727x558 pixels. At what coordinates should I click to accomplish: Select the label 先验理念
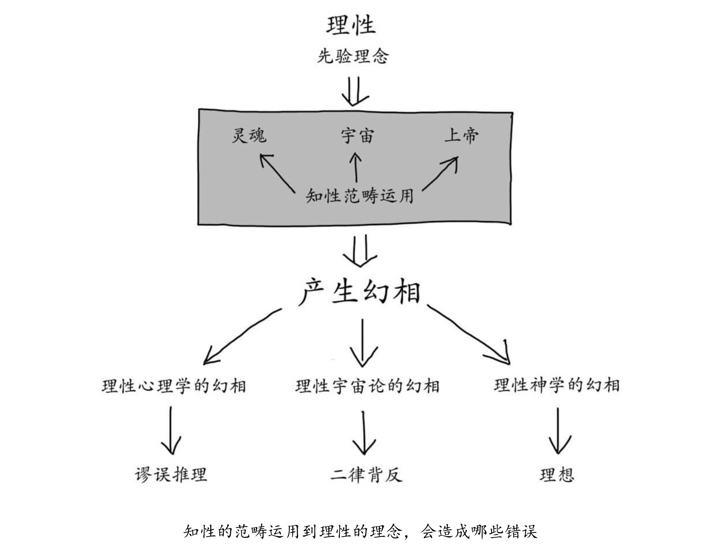(x=353, y=56)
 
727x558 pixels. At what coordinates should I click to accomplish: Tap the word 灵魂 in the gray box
(x=249, y=135)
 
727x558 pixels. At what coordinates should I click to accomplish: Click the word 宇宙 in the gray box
(x=357, y=136)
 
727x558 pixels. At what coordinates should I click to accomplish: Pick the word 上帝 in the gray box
(x=462, y=135)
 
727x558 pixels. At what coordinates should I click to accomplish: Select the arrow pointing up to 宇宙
(x=356, y=167)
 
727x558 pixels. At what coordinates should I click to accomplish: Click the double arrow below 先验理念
(x=355, y=90)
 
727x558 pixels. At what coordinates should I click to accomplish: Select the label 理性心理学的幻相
(x=174, y=386)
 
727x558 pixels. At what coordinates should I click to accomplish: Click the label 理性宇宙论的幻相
(x=367, y=386)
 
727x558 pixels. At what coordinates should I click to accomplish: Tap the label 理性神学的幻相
(x=557, y=385)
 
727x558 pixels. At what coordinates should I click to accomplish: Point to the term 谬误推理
(x=171, y=475)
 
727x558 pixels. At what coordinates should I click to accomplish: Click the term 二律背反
(x=366, y=475)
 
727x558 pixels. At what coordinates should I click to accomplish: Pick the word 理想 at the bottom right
(x=557, y=475)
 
